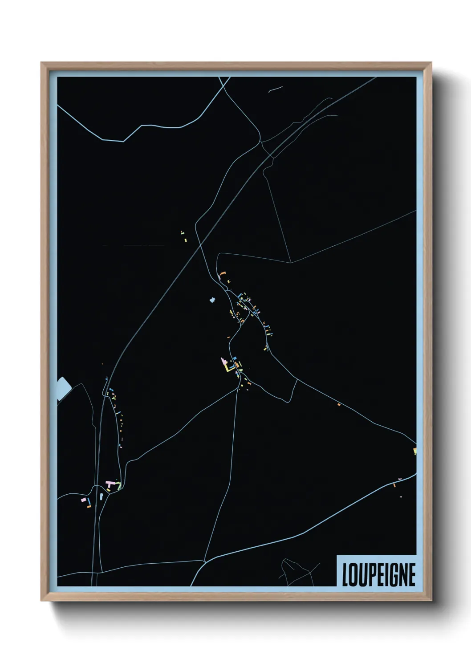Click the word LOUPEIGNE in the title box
pos(378,574)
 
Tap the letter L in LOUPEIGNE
pos(345,574)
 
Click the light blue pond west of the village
pos(212,300)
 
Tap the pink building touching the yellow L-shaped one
pos(223,362)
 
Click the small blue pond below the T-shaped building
pos(102,495)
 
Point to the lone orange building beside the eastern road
pos(339,404)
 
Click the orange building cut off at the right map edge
pos(414,451)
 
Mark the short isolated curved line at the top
pos(276,89)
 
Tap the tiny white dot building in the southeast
pos(401,496)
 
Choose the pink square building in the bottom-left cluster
pos(83,500)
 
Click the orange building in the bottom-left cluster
pos(89,507)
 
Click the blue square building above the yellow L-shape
pos(235,358)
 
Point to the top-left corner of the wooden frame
pos(42,64)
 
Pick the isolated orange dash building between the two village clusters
pos(229,338)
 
